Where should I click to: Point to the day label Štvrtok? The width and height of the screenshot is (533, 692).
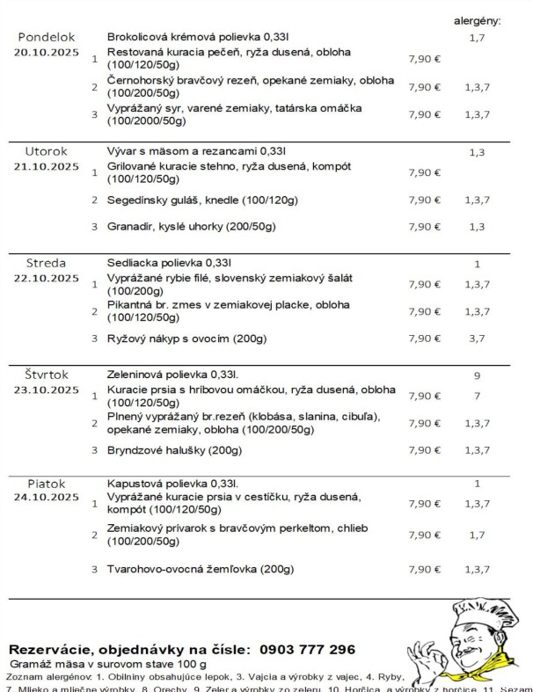(x=46, y=375)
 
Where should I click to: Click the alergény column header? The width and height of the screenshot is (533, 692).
(x=477, y=19)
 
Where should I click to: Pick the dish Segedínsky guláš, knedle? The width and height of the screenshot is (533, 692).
(x=202, y=200)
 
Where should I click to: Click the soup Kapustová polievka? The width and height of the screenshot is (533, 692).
(x=172, y=484)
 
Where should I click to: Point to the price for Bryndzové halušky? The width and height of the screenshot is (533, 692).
(x=425, y=450)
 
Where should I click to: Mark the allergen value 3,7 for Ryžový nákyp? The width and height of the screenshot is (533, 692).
(x=477, y=338)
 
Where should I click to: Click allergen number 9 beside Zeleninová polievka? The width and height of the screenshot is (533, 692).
(x=477, y=376)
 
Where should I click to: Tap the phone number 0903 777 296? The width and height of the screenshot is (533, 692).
(x=307, y=650)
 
